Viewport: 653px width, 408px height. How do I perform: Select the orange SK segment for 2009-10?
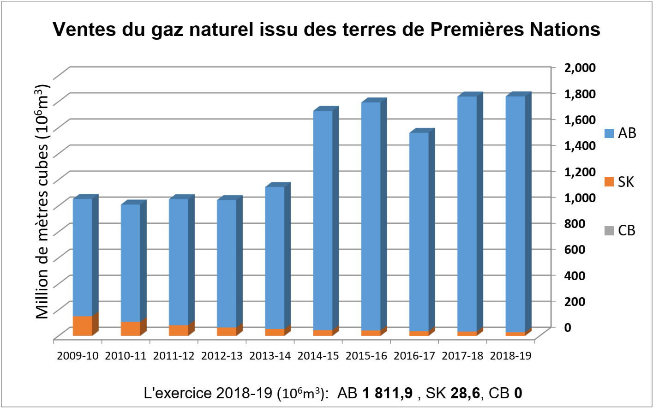[x=83, y=326]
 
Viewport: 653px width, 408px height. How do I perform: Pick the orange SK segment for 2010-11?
[x=131, y=329]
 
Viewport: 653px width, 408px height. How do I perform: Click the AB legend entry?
[x=620, y=133]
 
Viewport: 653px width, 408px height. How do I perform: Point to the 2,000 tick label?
[x=580, y=67]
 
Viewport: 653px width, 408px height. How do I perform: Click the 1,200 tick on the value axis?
[x=580, y=171]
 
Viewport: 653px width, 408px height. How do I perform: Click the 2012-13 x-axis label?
[x=222, y=356]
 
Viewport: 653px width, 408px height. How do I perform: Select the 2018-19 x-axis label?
[x=510, y=356]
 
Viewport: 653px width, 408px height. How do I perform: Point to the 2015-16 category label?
[x=366, y=356]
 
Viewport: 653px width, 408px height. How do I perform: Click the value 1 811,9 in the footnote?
[x=387, y=393]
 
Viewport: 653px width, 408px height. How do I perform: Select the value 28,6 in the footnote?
[x=465, y=393]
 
